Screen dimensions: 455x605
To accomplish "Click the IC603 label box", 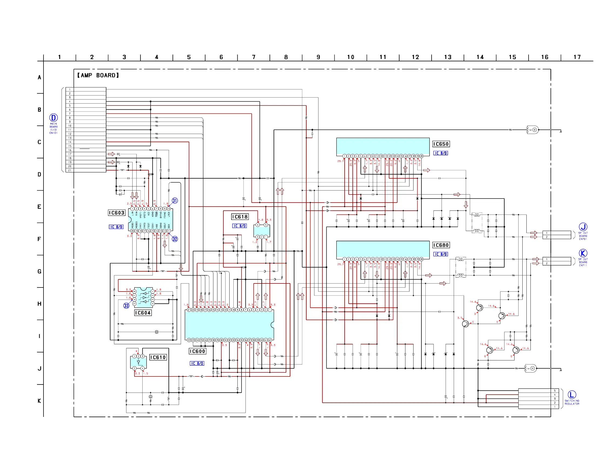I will click(116, 213).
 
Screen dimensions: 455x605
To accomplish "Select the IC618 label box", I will click(240, 217).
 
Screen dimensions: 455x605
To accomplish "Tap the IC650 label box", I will click(441, 144).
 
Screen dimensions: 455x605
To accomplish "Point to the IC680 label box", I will click(441, 245).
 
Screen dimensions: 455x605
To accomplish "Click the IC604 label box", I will click(143, 313).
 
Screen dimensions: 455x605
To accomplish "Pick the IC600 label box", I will click(197, 352).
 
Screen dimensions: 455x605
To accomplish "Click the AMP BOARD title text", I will click(98, 75).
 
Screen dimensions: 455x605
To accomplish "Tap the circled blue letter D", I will click(53, 118).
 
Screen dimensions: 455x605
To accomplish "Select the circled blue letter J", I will click(583, 227).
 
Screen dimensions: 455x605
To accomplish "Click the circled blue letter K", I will click(583, 253).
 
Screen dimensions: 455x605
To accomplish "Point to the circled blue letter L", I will click(572, 395).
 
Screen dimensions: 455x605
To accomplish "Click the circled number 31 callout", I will click(175, 201).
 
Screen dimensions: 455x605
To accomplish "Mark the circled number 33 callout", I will click(126, 306).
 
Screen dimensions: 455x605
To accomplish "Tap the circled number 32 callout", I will click(175, 239).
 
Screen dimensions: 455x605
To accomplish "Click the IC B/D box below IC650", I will click(440, 153).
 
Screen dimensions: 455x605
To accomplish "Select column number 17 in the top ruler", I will click(577, 57).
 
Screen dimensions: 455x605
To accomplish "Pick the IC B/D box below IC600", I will click(197, 364).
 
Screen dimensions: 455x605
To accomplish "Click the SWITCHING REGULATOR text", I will click(572, 403).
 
